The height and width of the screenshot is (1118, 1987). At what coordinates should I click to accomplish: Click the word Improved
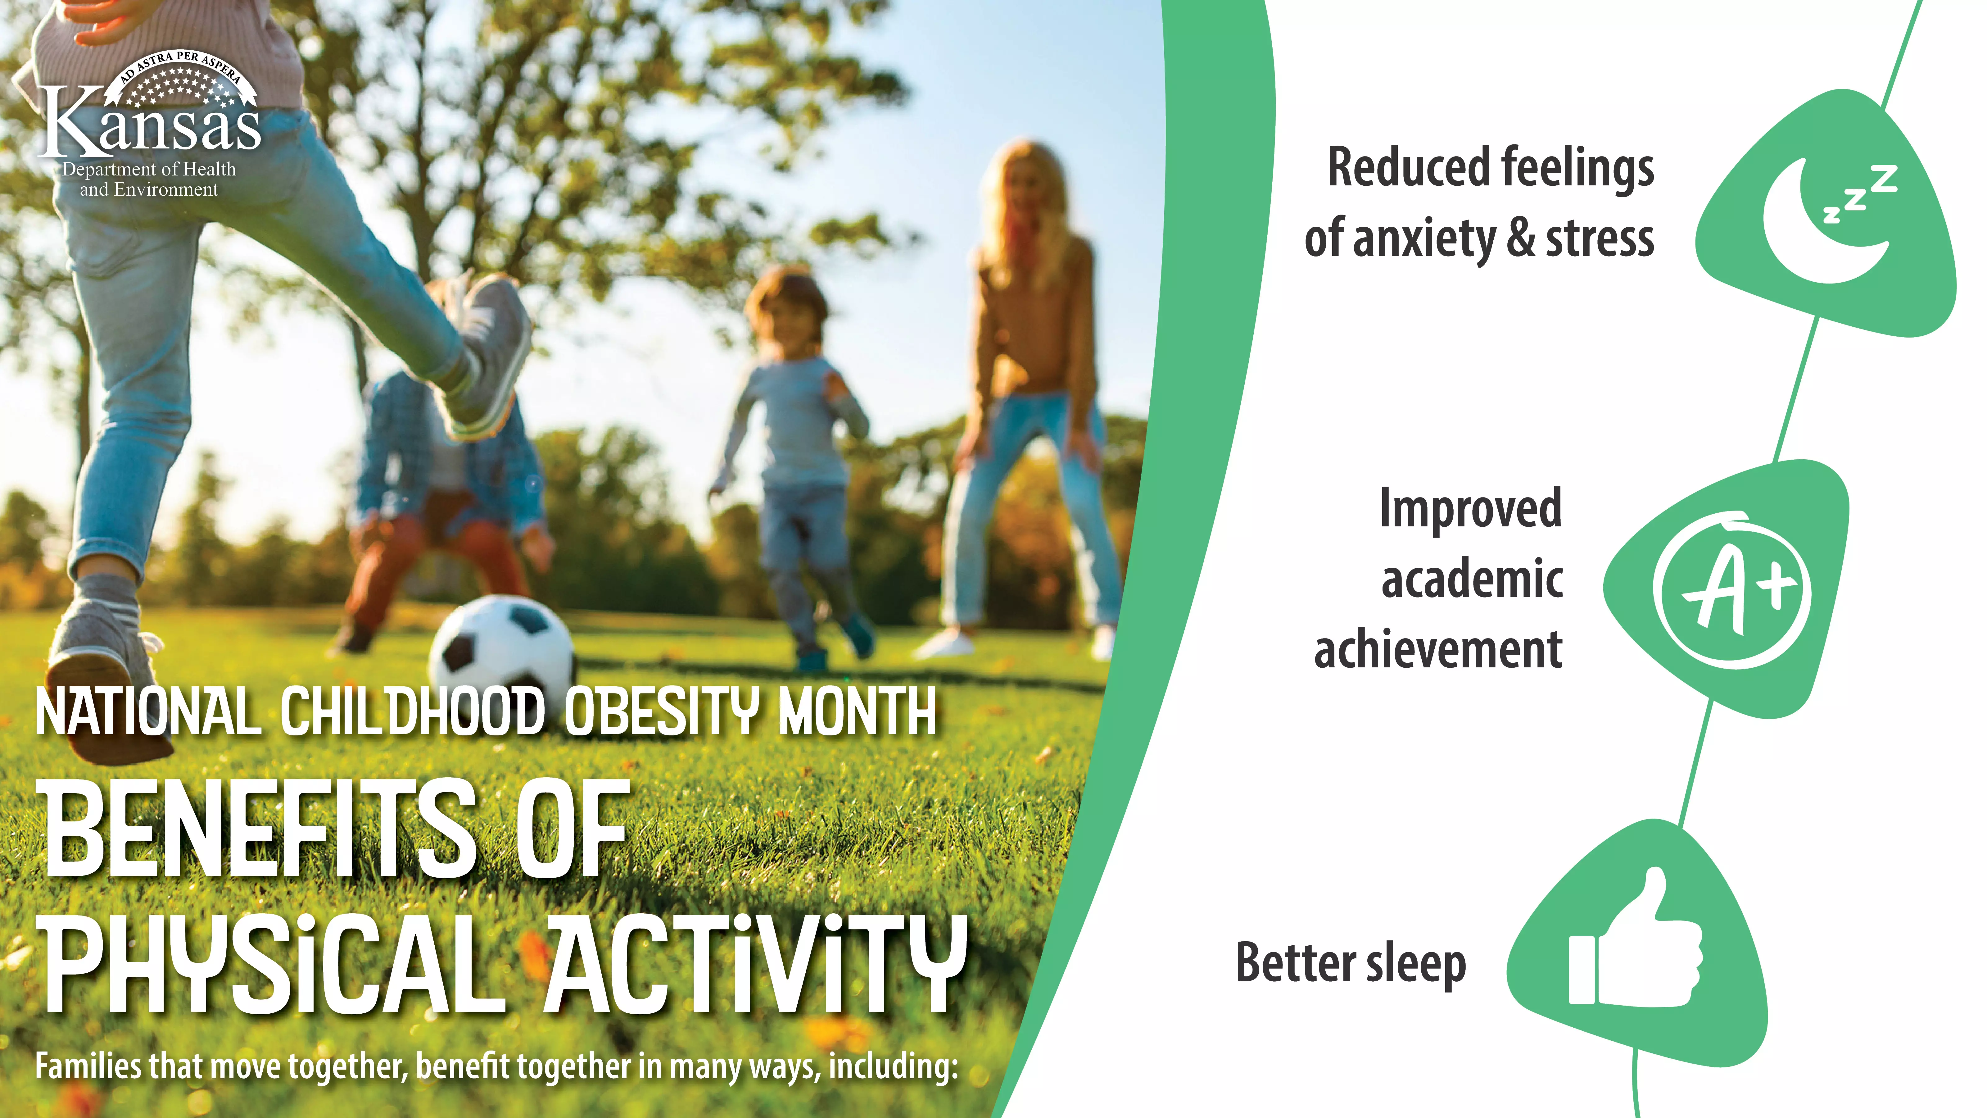[x=1471, y=509]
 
